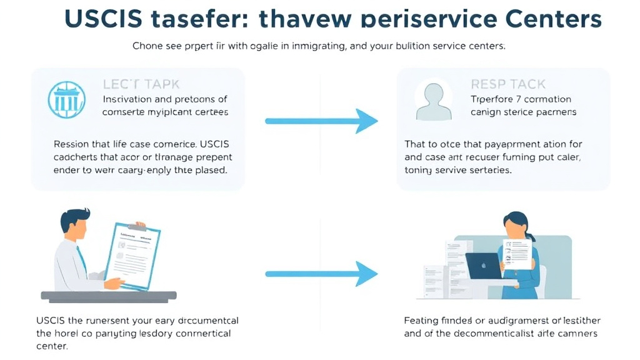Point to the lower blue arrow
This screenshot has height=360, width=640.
[x=322, y=273]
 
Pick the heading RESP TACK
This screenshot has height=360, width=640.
[x=507, y=84]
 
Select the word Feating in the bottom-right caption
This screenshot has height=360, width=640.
[x=421, y=321]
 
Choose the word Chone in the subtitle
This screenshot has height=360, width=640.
[x=147, y=46]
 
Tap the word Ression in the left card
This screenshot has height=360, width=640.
[x=71, y=144]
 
